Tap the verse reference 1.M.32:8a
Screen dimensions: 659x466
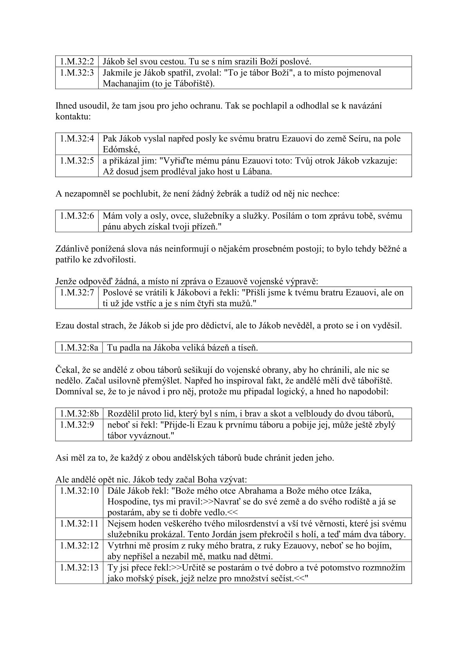tap(79, 347)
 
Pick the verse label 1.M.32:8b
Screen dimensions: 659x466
tap(79, 413)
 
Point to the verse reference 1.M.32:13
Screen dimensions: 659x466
tap(79, 568)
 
